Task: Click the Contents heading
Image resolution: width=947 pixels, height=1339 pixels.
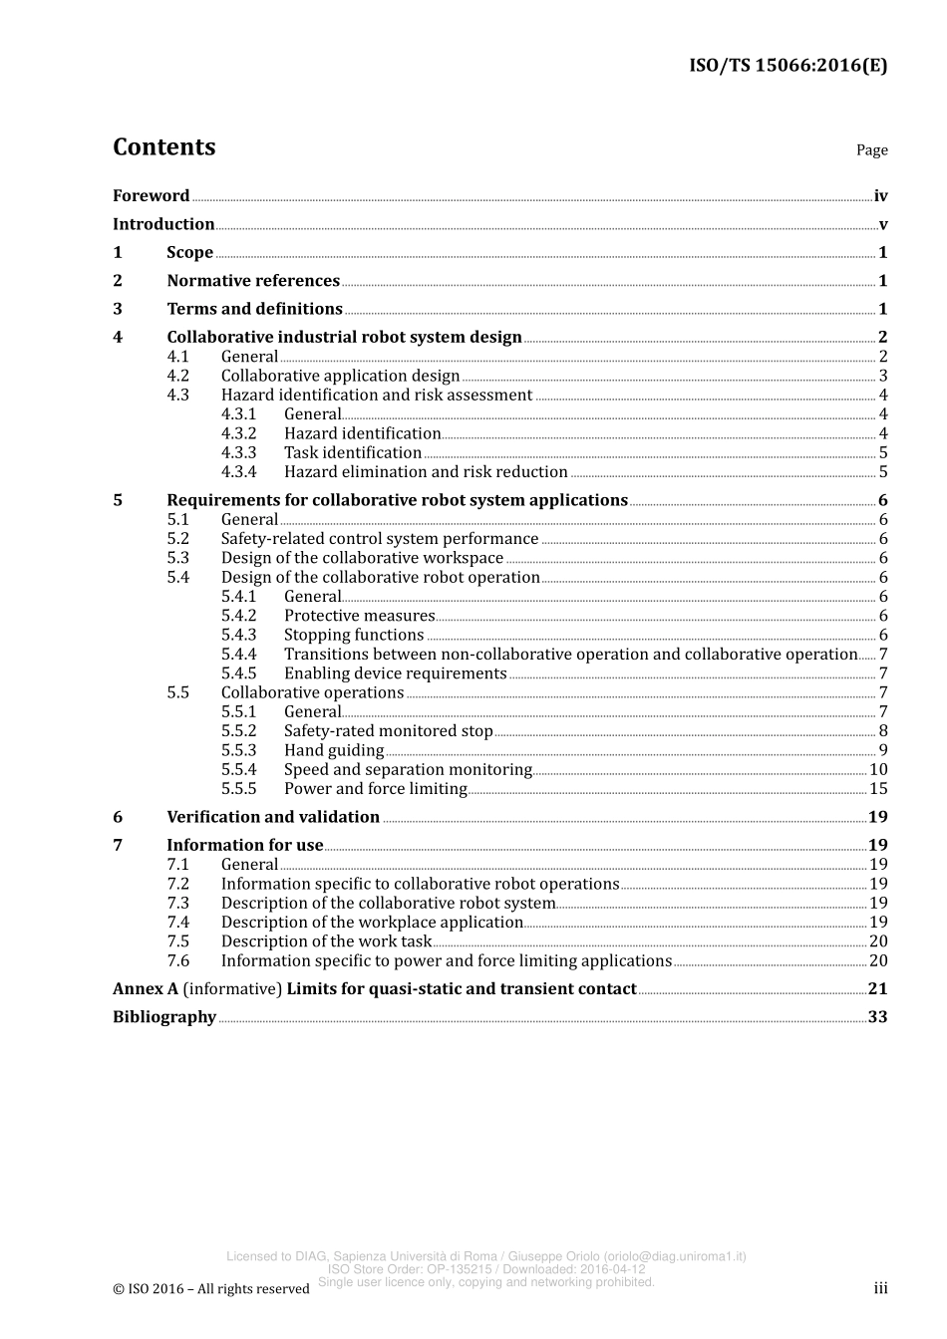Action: tap(163, 147)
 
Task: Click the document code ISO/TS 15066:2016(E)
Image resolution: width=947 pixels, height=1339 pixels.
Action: tap(788, 66)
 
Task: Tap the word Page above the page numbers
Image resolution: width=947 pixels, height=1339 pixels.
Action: tap(871, 150)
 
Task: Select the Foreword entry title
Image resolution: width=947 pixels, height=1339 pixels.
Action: tap(151, 196)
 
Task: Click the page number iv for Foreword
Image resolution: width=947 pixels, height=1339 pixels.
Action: tap(880, 196)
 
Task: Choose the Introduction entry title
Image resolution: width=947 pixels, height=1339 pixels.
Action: tap(163, 224)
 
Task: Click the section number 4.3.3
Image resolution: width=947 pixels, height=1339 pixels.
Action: tap(238, 453)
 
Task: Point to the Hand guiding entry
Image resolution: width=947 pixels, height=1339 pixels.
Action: tap(334, 751)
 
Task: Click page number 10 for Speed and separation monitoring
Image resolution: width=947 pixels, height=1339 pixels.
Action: tap(878, 770)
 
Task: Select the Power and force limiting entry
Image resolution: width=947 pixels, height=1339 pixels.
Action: tap(375, 789)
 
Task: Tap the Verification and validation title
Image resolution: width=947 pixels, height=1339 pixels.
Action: tap(273, 818)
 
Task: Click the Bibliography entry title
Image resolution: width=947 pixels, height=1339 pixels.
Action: tap(164, 1017)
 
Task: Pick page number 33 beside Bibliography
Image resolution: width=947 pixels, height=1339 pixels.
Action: tap(877, 1017)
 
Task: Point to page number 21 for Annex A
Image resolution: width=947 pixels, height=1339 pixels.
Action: tap(877, 989)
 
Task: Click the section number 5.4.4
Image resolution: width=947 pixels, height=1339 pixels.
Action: tap(238, 655)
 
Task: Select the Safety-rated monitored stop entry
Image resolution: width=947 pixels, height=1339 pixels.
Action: tap(388, 731)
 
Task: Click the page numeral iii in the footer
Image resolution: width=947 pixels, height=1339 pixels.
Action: tap(880, 1289)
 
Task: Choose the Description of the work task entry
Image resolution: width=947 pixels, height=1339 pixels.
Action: tap(326, 941)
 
